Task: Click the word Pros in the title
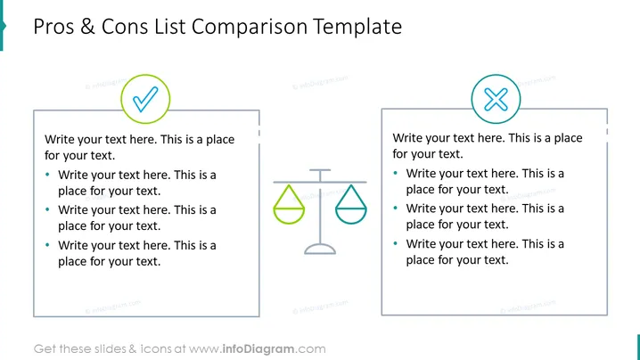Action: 53,27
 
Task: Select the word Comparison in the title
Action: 250,28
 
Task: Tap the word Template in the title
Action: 357,28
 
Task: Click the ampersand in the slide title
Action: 87,27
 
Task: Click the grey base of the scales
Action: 320,250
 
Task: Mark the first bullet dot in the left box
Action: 47,175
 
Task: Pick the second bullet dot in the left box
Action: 47,209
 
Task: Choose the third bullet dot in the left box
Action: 47,245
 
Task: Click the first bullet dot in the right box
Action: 395,173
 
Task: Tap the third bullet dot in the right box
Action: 395,243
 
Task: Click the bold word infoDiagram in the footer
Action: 258,349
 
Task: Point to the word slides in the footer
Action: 111,349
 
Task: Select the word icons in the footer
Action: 156,349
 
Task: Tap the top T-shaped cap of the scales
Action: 320,170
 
